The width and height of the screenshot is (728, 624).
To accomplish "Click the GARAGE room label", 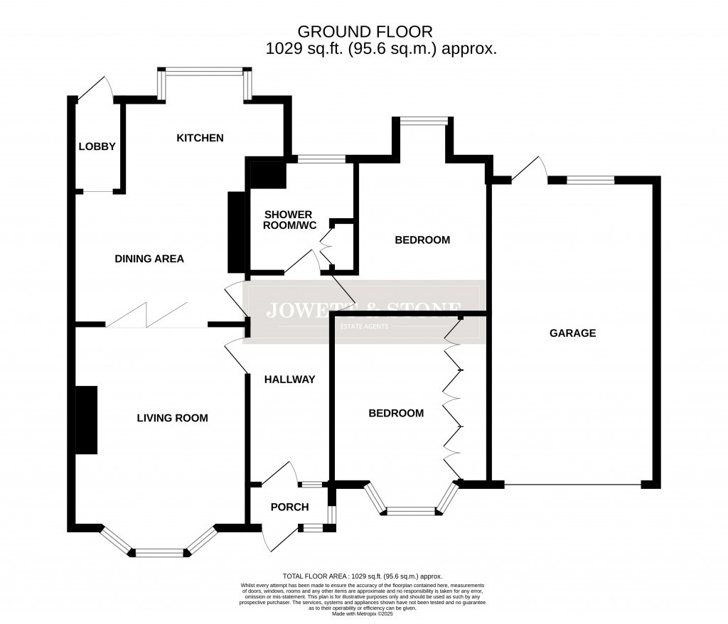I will (572, 333).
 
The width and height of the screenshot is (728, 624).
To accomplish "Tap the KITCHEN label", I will (200, 137).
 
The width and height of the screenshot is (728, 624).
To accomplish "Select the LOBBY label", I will (97, 146).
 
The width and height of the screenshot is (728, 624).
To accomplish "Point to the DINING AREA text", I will (149, 259).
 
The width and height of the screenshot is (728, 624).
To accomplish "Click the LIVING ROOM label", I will (172, 418).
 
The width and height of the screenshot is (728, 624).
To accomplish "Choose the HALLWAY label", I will (289, 380).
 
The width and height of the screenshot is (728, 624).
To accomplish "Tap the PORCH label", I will (290, 507).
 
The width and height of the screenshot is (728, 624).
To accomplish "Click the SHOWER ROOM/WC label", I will (290, 220).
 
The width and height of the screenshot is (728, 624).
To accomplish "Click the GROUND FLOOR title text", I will (365, 31).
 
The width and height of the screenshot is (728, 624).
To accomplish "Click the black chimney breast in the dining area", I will (235, 232).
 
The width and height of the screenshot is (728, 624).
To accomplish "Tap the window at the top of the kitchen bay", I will (204, 70).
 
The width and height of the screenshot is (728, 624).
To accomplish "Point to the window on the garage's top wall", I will (590, 180).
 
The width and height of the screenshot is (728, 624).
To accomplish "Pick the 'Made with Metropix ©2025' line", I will (363, 613).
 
